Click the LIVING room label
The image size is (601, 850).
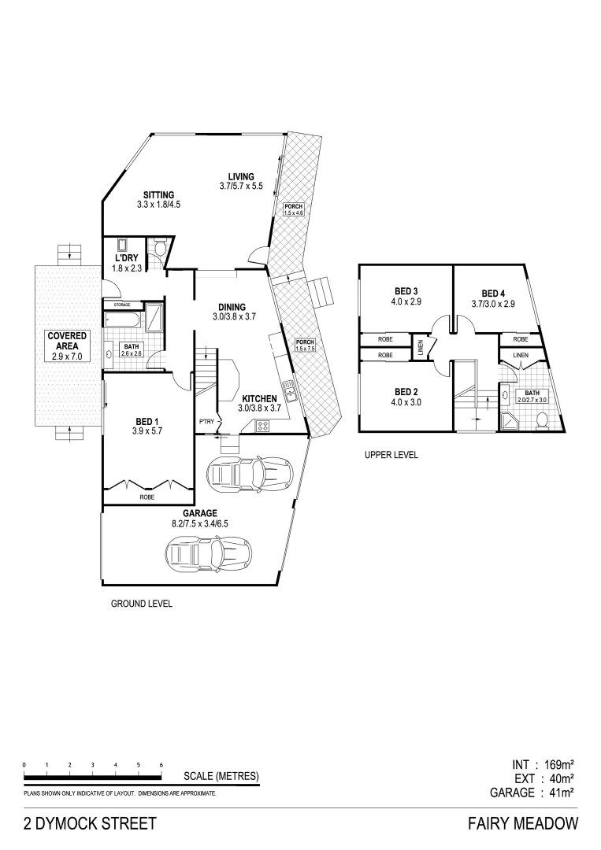pos(240,176)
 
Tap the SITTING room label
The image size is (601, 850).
pos(158,195)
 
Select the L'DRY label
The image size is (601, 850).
pos(125,257)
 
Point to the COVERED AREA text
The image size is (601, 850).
pos(67,341)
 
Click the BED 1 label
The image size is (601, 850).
pos(146,419)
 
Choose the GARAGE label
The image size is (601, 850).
pos(199,513)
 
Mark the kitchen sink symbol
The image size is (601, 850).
pos(288,388)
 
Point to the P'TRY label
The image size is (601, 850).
pos(206,421)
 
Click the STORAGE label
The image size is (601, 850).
pos(121,304)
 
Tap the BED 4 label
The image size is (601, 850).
pos(493,293)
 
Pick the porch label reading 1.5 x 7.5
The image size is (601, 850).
pos(304,344)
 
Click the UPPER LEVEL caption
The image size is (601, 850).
pos(391,455)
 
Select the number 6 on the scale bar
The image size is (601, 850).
pos(161,765)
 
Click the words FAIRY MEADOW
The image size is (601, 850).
pos(523,824)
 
